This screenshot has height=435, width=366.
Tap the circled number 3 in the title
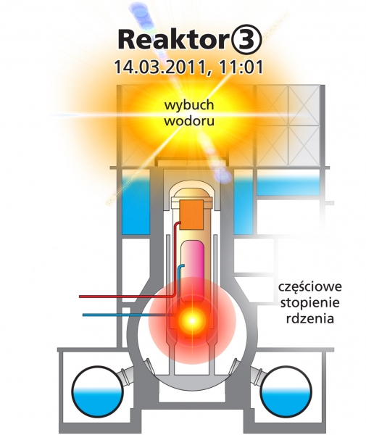pyautogui.click(x=246, y=40)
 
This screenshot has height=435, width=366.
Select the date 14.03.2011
pyautogui.click(x=160, y=67)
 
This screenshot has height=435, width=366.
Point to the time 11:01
pyautogui.click(x=241, y=67)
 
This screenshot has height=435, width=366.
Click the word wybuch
pyautogui.click(x=189, y=105)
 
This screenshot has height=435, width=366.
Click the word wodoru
pyautogui.click(x=189, y=121)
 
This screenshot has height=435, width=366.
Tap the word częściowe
pyautogui.click(x=310, y=287)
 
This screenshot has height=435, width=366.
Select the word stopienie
pyautogui.click(x=310, y=302)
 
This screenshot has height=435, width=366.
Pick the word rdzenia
pyautogui.click(x=310, y=318)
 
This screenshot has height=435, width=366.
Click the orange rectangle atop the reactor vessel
pyautogui.click(x=191, y=214)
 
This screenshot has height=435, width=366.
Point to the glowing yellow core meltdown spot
pyautogui.click(x=192, y=320)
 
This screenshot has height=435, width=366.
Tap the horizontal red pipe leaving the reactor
pyautogui.click(x=127, y=297)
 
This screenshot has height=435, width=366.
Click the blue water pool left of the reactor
pyautogui.click(x=136, y=205)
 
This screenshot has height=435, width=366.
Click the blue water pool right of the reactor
pyautogui.click(x=244, y=205)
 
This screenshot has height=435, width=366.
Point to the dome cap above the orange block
pyautogui.click(x=192, y=193)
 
